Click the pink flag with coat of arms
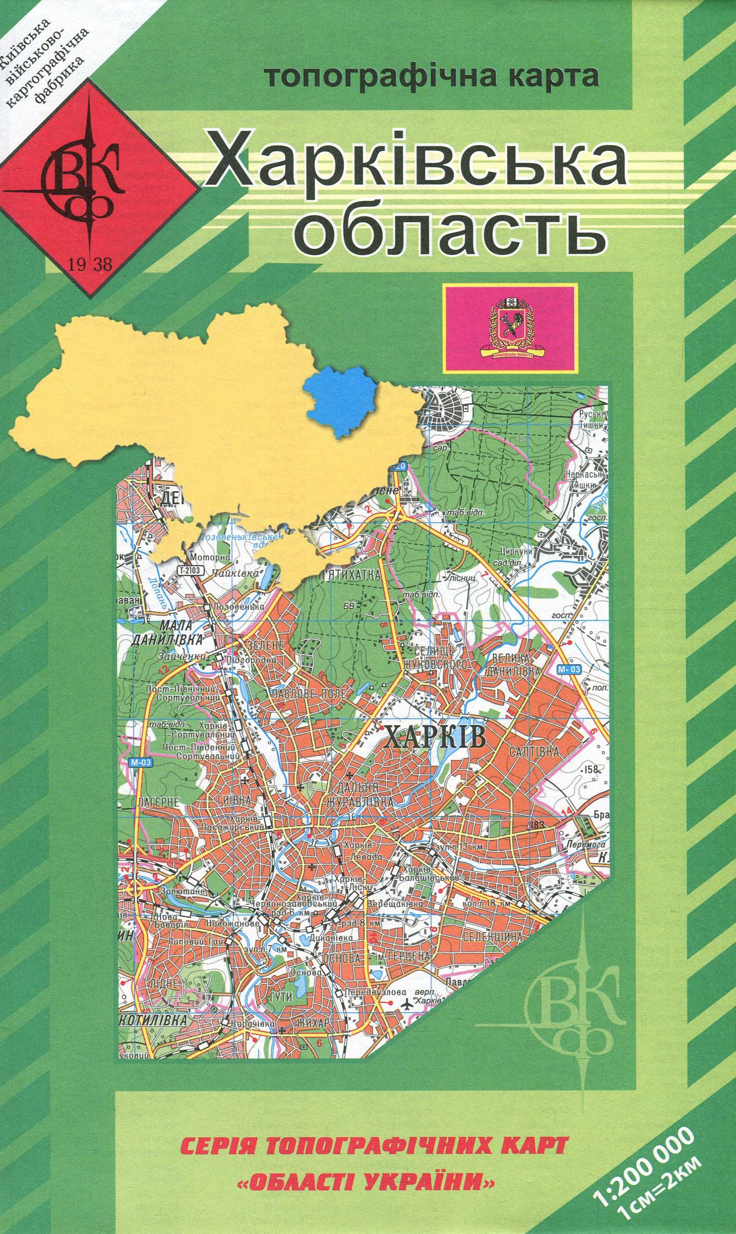pos(510,327)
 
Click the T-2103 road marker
pos(189,570)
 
